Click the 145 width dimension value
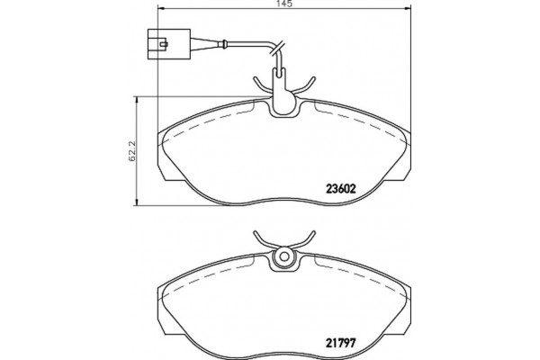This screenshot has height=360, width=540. click(284, 4)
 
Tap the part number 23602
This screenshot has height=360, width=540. click(340, 189)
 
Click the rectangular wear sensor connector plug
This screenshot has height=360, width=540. click(169, 44)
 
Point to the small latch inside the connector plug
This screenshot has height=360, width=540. click(164, 44)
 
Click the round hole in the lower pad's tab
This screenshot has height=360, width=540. click(283, 256)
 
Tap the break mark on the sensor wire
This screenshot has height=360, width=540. click(277, 49)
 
